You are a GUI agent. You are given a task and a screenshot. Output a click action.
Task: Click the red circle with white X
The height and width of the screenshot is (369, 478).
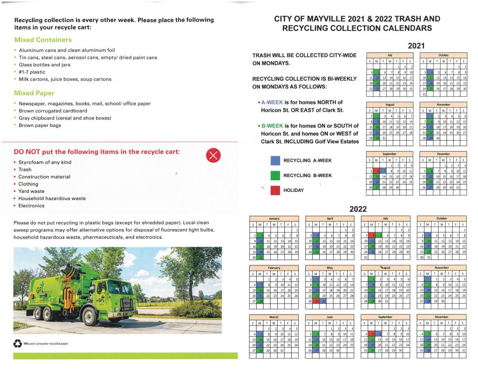click(x=214, y=155)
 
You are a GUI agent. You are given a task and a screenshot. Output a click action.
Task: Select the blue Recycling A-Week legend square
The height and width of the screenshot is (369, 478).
click(x=275, y=160)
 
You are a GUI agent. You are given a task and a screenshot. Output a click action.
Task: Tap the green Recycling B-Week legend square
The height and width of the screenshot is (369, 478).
click(x=275, y=175)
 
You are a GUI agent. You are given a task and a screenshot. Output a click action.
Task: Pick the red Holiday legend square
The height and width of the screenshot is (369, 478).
click(x=275, y=190)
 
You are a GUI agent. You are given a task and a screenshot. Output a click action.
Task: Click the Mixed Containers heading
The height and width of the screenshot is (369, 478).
click(x=43, y=40)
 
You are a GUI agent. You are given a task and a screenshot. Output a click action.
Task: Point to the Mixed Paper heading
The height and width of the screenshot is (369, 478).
click(x=34, y=93)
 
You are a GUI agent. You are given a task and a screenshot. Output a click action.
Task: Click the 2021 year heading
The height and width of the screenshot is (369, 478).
click(x=416, y=46)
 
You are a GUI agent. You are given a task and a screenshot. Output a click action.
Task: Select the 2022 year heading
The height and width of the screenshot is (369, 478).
click(x=358, y=209)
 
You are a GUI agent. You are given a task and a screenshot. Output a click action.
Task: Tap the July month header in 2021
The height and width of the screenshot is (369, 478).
click(x=390, y=55)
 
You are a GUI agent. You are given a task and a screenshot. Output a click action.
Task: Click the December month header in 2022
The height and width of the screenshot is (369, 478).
click(x=441, y=316)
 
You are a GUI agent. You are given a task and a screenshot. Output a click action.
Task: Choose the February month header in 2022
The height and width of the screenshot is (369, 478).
click(x=274, y=268)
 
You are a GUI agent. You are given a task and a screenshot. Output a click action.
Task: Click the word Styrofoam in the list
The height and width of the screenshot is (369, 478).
click(x=32, y=162)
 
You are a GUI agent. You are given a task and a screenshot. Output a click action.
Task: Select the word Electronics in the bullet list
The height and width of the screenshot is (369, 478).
click(x=32, y=206)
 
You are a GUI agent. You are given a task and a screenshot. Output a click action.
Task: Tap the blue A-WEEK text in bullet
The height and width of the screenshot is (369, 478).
click(x=272, y=102)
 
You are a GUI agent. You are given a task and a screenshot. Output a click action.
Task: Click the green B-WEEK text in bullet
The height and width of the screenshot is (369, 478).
click(x=272, y=126)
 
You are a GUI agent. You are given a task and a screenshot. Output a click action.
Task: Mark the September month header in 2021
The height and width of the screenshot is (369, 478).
click(x=390, y=154)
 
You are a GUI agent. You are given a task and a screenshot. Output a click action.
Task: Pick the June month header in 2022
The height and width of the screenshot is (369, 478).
click(x=329, y=316)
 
